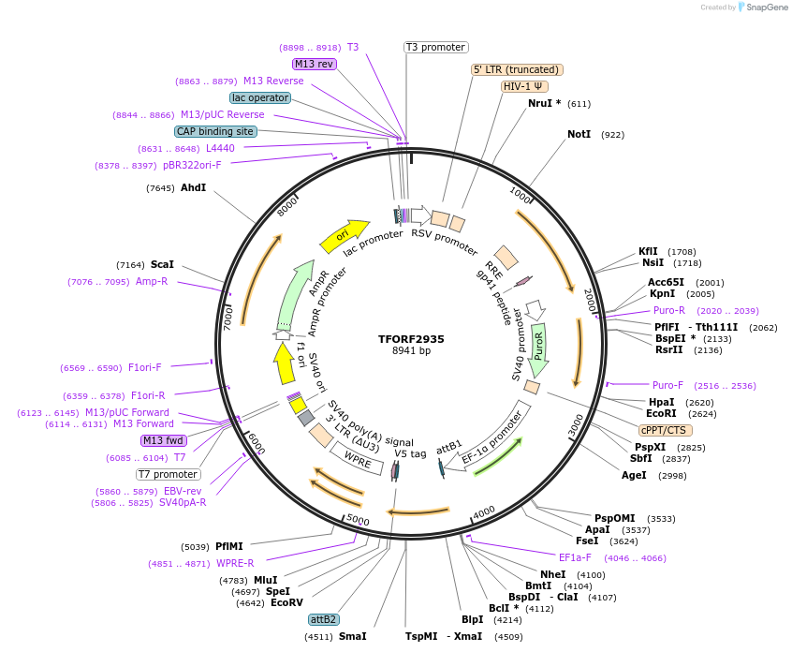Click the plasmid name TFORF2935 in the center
[x=411, y=338]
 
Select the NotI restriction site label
[x=579, y=134]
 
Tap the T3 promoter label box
[x=436, y=47]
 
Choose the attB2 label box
[x=324, y=619]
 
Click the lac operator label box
[x=259, y=97]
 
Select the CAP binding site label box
[x=215, y=131]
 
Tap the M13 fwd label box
[x=163, y=440]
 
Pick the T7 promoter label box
[x=168, y=474]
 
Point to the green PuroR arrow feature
[x=538, y=349]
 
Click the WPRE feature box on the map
[x=357, y=460]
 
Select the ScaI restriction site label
[x=162, y=265]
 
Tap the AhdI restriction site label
[x=193, y=187]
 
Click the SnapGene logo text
[x=766, y=7]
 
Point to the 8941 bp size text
[x=411, y=351]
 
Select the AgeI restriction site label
[x=634, y=475]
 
